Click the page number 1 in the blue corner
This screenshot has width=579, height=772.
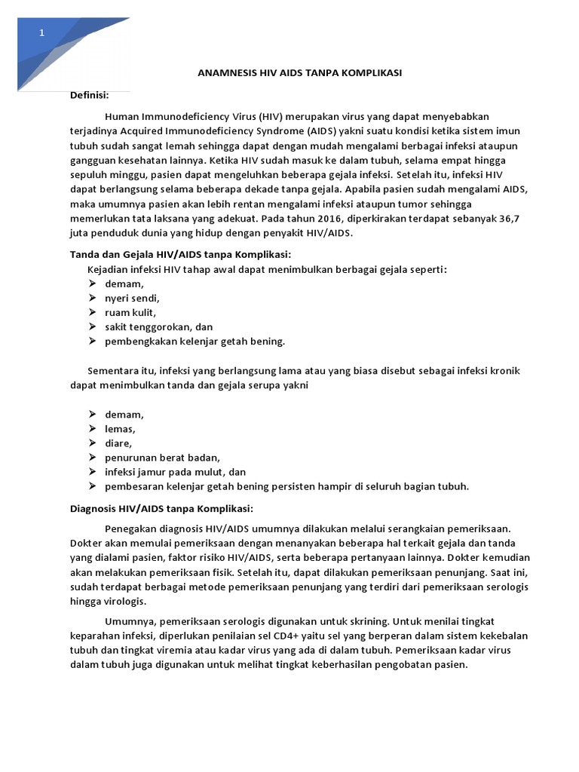[42, 33]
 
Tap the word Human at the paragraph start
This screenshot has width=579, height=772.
[122, 116]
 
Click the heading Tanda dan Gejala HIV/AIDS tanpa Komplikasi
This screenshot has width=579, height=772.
[180, 255]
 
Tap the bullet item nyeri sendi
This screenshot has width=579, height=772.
[133, 298]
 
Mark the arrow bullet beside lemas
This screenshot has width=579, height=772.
[91, 429]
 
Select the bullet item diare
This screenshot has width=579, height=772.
[119, 443]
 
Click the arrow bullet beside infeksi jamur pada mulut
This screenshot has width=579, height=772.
[91, 472]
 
